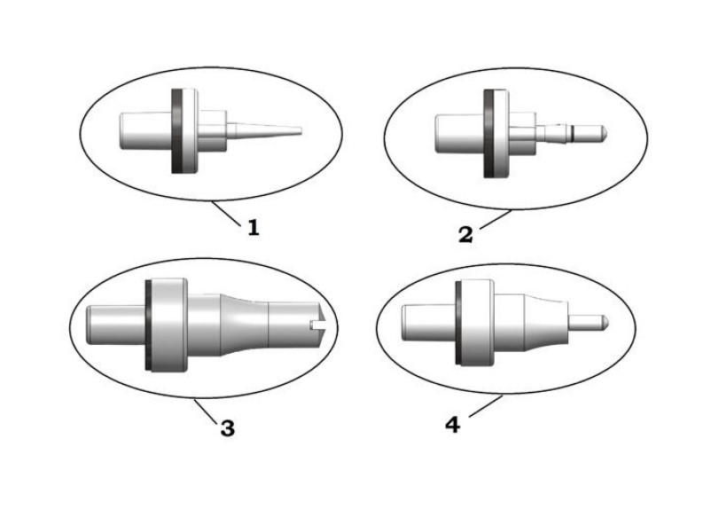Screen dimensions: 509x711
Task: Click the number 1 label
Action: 254,228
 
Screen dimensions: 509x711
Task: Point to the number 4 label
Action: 453,425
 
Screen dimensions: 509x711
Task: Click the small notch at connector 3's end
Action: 317,326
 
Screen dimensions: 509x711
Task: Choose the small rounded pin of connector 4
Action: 590,317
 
